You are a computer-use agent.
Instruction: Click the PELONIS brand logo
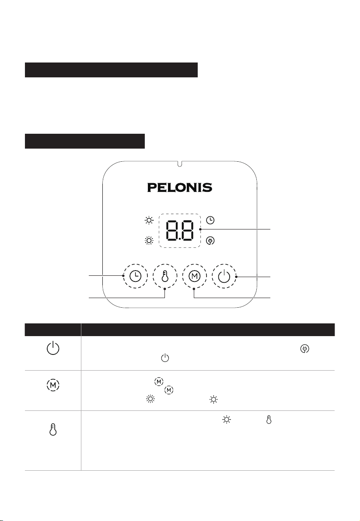pyautogui.click(x=179, y=188)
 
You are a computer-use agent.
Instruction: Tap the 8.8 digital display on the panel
pyautogui.click(x=179, y=230)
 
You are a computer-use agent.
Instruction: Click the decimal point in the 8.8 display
pyautogui.click(x=179, y=239)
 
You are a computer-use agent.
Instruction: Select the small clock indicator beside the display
pyautogui.click(x=210, y=220)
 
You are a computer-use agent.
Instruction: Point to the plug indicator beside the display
pyautogui.click(x=210, y=240)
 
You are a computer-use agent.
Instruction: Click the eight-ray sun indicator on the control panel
pyautogui.click(x=149, y=220)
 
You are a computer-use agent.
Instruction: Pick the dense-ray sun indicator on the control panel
pyautogui.click(x=149, y=240)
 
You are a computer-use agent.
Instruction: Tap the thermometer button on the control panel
pyautogui.click(x=165, y=276)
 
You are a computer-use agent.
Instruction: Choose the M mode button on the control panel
pyautogui.click(x=195, y=276)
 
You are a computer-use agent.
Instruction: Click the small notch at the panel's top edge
pyautogui.click(x=179, y=163)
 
